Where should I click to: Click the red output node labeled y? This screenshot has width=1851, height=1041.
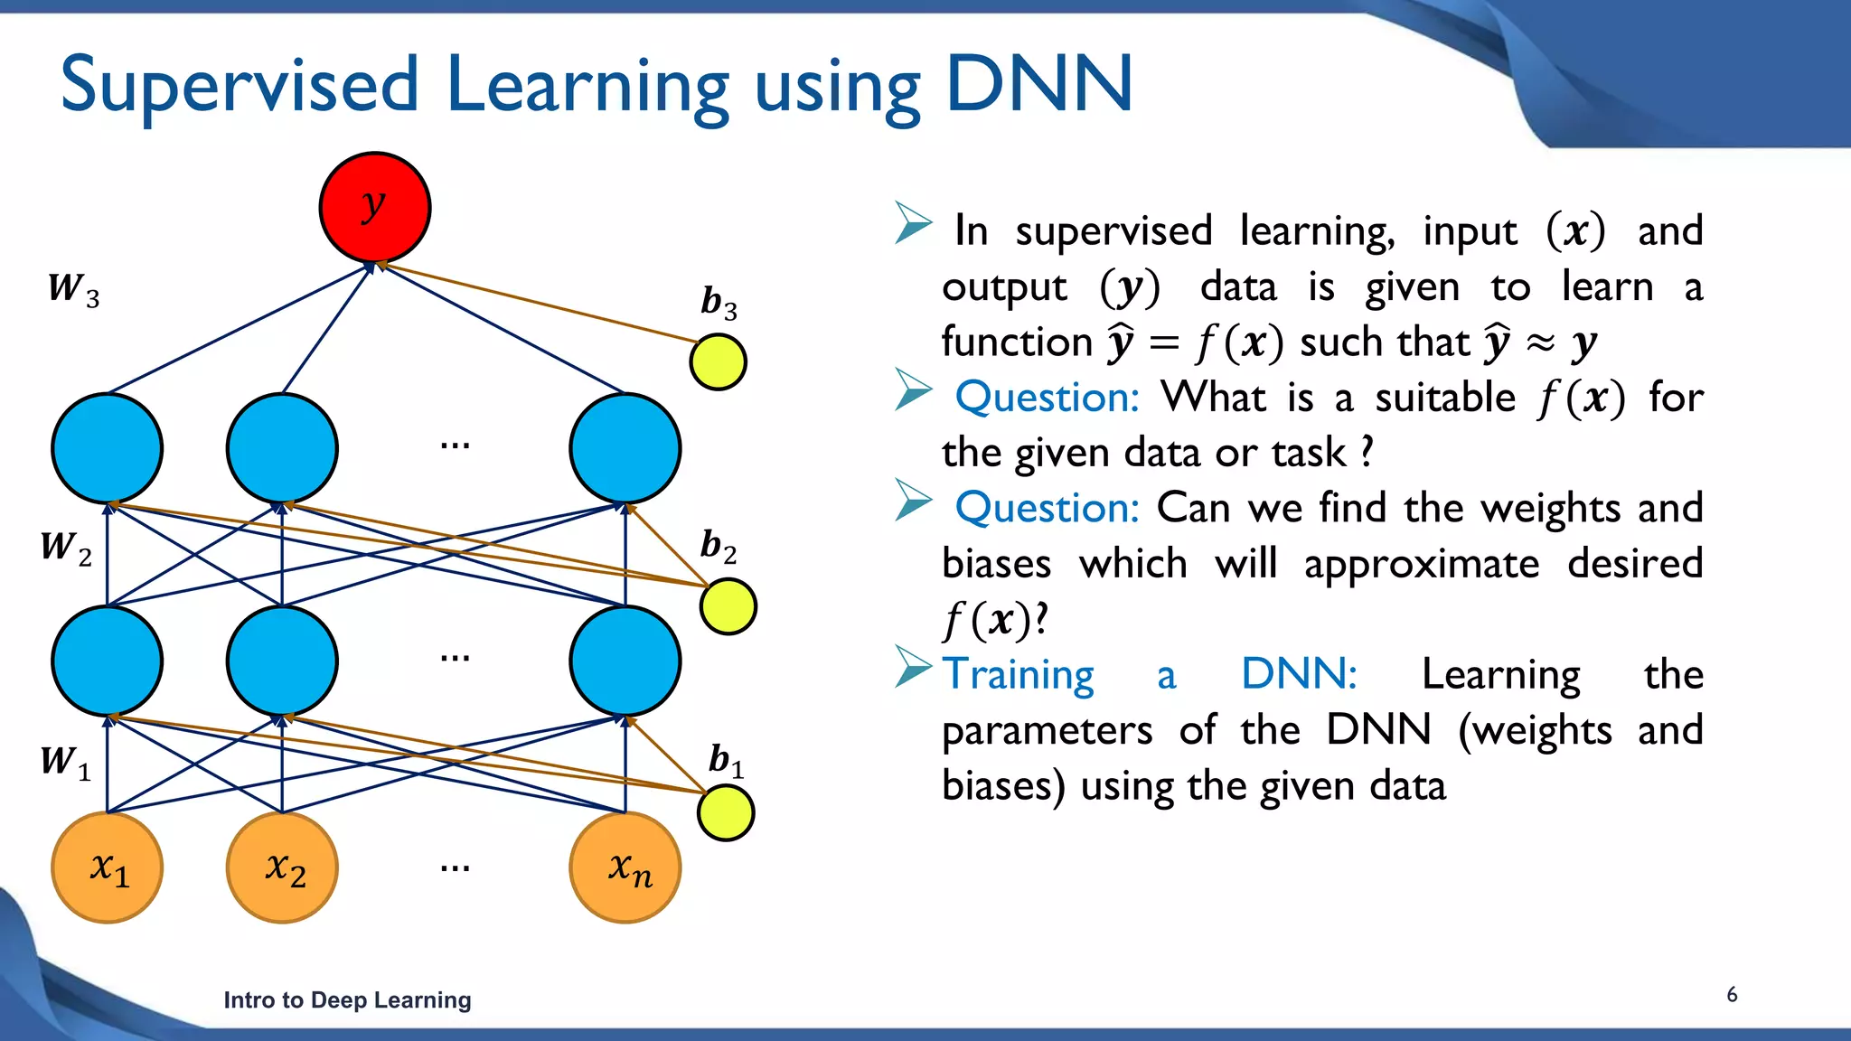[374, 208]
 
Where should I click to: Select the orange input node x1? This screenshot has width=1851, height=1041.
[108, 867]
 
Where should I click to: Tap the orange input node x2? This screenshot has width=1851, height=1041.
[283, 867]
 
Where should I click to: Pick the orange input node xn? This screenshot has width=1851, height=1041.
[625, 867]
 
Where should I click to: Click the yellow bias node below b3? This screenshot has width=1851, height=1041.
[718, 362]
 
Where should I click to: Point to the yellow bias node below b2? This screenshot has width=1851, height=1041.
[728, 606]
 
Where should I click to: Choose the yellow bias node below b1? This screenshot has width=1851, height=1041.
[726, 813]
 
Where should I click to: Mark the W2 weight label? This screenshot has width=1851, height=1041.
[66, 548]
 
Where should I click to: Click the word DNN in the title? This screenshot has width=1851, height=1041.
[1038, 84]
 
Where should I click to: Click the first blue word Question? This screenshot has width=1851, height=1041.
[1047, 398]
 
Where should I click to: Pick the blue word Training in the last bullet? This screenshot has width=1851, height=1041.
[1019, 675]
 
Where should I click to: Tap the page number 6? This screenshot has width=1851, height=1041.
[1732, 995]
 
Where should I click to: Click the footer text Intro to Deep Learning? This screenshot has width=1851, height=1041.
[347, 1000]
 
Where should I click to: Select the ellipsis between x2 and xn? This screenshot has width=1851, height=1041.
[455, 868]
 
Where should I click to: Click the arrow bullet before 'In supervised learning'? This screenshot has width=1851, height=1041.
[913, 223]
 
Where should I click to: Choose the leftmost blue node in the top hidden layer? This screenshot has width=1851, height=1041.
[108, 448]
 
